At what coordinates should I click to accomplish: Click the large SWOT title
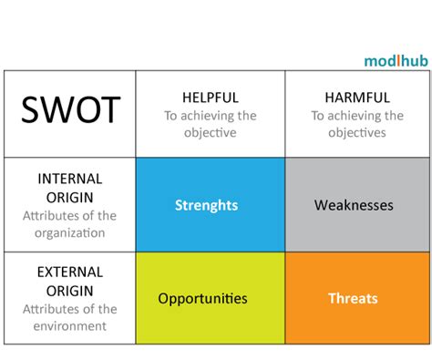70,110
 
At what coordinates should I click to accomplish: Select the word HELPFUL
210,97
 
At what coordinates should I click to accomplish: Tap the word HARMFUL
356,97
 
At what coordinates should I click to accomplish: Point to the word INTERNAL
70,179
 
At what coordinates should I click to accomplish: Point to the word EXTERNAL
70,272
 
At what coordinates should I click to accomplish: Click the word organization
70,232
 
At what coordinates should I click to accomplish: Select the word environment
70,325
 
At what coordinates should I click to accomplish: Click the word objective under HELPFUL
210,132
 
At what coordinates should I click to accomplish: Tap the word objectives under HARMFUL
356,132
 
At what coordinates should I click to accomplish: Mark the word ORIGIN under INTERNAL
70,197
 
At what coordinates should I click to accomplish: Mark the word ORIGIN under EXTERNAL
70,290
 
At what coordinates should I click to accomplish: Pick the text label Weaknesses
355,205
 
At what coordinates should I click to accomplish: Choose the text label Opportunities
202,298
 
